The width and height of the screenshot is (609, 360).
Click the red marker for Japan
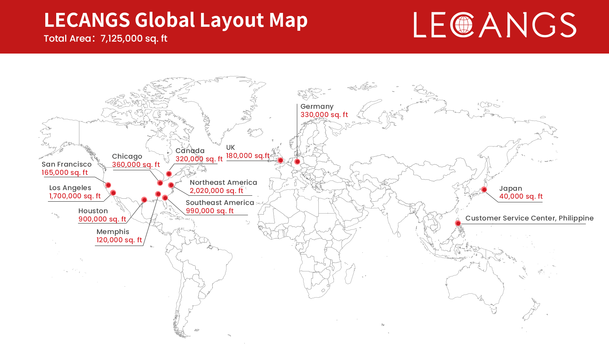(x=484, y=189)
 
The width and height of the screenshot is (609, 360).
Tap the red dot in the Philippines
(x=458, y=223)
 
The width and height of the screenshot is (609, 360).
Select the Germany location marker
(x=297, y=162)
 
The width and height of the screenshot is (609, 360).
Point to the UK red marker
(x=280, y=160)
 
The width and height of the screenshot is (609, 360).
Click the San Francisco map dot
(x=108, y=185)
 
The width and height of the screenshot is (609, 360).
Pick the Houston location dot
(x=144, y=200)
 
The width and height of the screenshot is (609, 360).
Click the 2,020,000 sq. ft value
(x=216, y=191)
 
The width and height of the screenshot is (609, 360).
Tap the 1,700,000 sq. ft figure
(x=75, y=196)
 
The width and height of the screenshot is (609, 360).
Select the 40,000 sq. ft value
(x=521, y=196)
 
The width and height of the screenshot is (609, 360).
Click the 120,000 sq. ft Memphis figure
(x=119, y=240)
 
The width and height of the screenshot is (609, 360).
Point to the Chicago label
(x=127, y=156)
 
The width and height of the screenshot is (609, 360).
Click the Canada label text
(x=190, y=151)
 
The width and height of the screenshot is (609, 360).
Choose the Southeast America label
(x=220, y=203)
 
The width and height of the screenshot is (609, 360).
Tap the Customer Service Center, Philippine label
(x=529, y=218)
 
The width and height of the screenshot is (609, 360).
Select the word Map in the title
(x=288, y=20)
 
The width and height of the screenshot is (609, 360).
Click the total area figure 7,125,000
(x=121, y=39)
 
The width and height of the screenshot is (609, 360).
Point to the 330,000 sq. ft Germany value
(x=324, y=115)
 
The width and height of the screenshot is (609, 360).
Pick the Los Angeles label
(x=70, y=188)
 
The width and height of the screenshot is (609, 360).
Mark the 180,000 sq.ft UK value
(x=248, y=156)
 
